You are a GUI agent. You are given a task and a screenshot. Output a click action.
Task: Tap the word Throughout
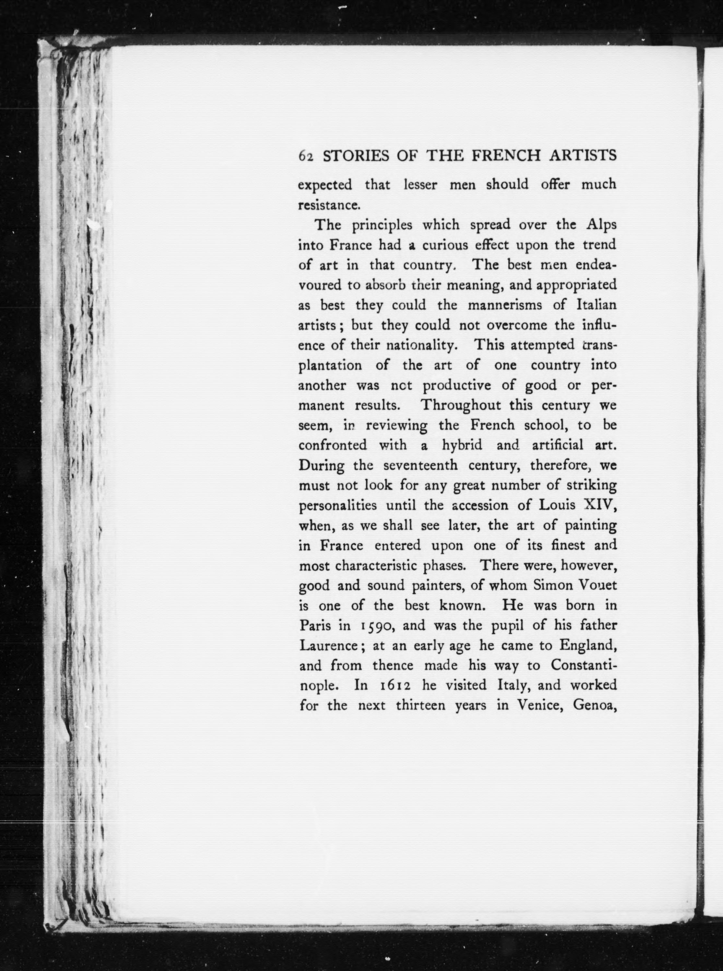point(460,405)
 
